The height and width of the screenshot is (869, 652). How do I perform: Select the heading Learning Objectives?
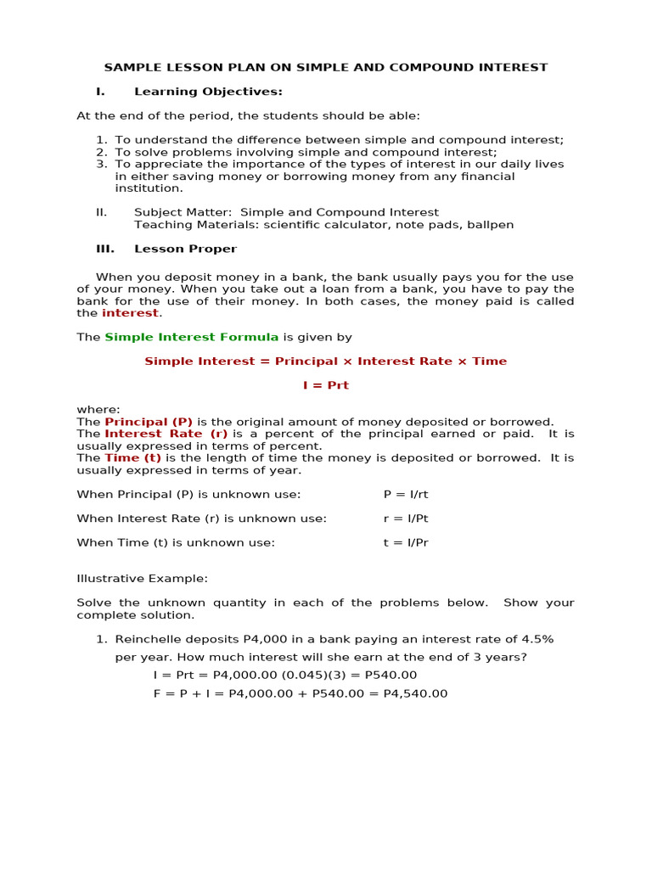pos(208,92)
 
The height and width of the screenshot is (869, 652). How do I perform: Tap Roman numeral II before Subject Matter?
pos(101,213)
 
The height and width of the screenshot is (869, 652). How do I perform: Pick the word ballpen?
pos(490,225)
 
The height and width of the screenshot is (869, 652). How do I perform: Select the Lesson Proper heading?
pos(185,249)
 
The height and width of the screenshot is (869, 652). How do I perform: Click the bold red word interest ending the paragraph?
pos(130,313)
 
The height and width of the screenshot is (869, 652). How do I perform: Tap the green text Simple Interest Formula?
pos(192,338)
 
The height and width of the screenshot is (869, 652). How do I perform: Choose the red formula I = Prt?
pos(326,385)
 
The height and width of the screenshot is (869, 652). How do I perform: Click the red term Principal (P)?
pos(149,422)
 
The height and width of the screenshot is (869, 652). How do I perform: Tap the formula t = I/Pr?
pos(406,543)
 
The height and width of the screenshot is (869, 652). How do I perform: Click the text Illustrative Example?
pos(142,579)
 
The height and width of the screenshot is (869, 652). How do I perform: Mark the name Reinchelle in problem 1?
pos(148,639)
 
